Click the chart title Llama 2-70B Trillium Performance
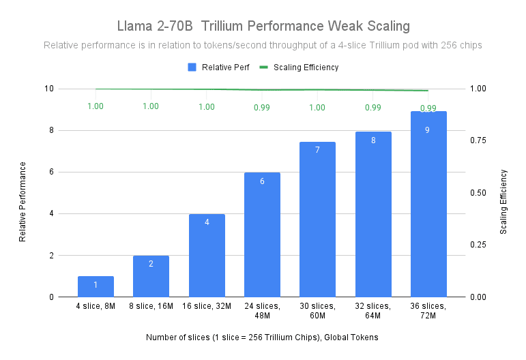point(262,27)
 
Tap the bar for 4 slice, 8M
point(96,286)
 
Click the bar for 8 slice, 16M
point(151,276)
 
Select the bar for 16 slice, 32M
point(207,255)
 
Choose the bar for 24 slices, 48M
point(262,235)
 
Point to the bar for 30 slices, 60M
point(317,219)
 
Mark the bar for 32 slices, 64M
point(372,214)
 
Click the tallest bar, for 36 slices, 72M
point(428,204)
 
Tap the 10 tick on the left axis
point(50,89)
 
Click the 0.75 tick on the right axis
point(479,140)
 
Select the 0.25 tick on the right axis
point(479,245)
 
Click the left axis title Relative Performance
point(23,201)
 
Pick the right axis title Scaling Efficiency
point(503,202)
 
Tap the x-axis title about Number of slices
point(262,337)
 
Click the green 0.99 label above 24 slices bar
point(262,107)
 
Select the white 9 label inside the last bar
point(428,130)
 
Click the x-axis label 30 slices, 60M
point(317,311)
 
